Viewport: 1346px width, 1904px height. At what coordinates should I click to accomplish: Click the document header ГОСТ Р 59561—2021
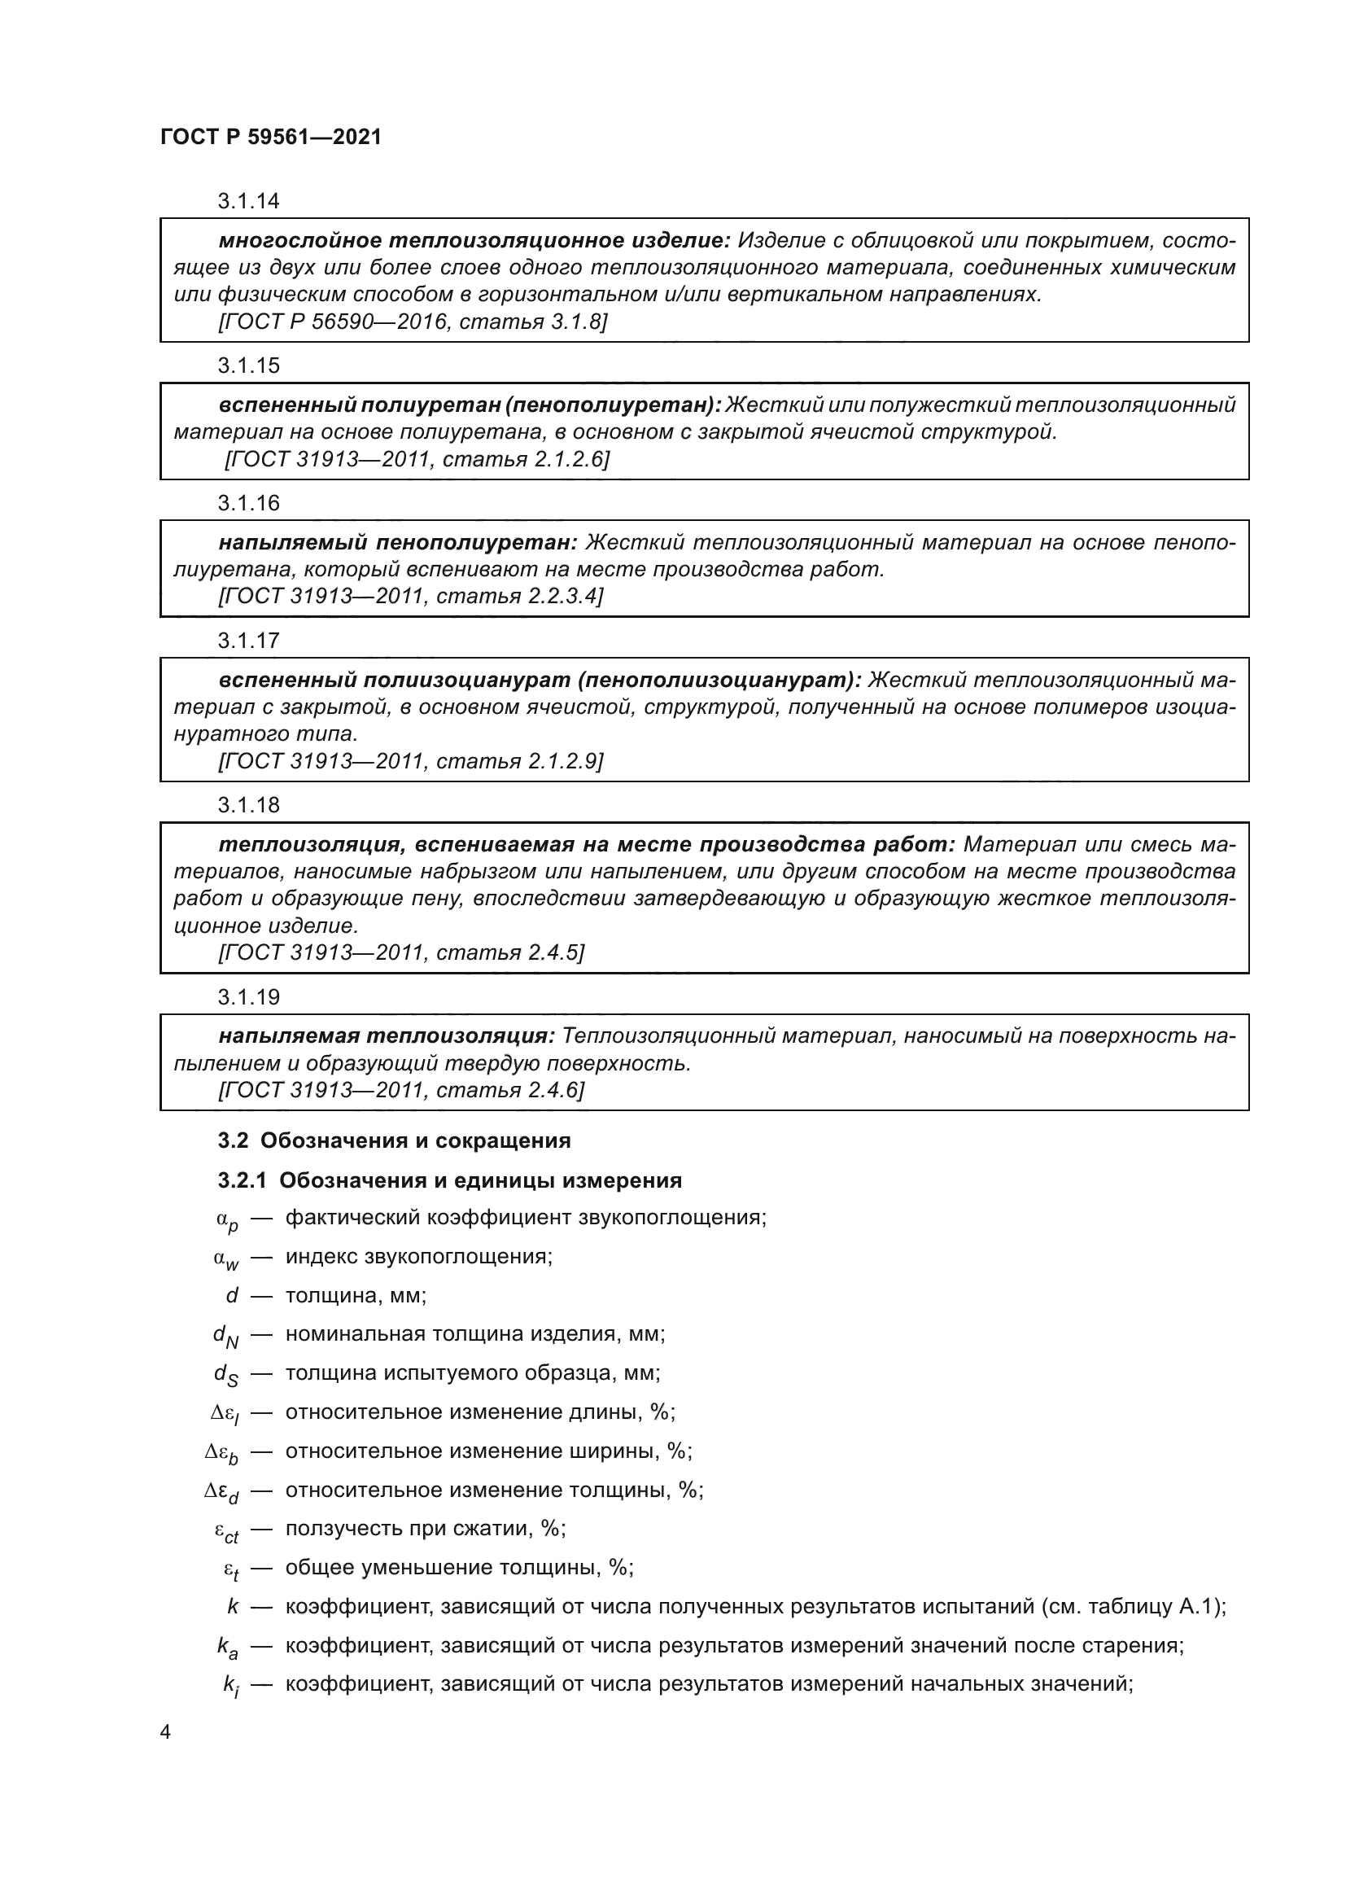(271, 137)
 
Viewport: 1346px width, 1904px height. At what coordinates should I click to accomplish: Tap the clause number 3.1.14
(249, 201)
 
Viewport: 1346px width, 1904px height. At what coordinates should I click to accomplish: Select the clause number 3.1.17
(249, 640)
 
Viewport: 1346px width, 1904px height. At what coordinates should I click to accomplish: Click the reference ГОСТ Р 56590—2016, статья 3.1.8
(412, 322)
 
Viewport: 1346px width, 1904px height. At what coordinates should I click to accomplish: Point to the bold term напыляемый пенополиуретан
(398, 542)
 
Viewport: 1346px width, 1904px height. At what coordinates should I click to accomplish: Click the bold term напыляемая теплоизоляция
(387, 1035)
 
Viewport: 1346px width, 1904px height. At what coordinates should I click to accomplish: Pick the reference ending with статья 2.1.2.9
(410, 761)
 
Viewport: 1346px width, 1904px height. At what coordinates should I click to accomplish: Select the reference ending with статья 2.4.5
(401, 953)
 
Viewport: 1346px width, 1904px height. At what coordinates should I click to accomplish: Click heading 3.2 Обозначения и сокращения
(395, 1140)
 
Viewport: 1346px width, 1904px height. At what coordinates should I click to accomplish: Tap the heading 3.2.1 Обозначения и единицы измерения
(450, 1180)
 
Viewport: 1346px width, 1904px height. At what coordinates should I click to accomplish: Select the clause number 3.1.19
(249, 997)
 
